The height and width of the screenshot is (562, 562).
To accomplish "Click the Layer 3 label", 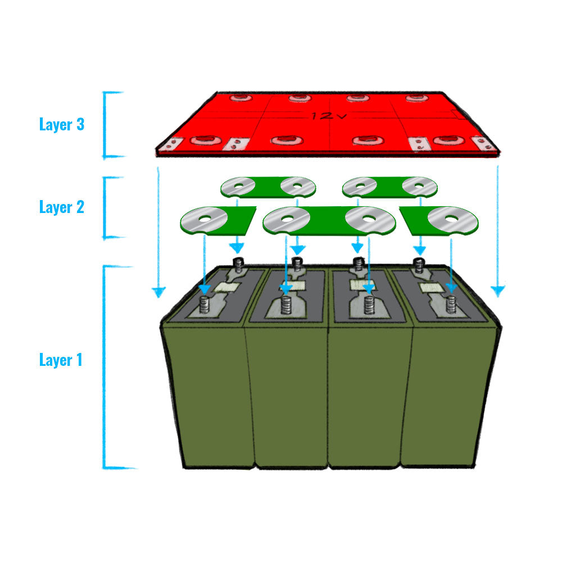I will (x=62, y=124).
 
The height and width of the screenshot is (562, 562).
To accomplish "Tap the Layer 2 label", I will (x=62, y=207).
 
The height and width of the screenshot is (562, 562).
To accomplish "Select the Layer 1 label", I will (x=61, y=360).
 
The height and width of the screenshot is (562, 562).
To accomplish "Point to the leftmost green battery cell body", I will (x=205, y=393).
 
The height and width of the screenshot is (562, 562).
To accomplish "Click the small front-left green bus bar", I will (x=216, y=220).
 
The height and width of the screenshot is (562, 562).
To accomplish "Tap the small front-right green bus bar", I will (x=441, y=220).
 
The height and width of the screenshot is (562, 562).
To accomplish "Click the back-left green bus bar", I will (x=267, y=187).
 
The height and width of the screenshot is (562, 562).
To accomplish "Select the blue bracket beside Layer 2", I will (x=106, y=207).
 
